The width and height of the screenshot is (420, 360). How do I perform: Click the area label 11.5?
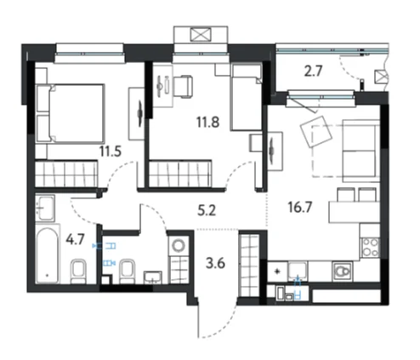coord(111,151)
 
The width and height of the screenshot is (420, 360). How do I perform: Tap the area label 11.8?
coord(208,123)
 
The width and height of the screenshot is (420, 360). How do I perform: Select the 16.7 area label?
coord(300,207)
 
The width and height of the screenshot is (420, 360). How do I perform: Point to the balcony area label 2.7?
coord(313,71)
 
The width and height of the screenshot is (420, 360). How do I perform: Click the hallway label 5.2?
coord(207,210)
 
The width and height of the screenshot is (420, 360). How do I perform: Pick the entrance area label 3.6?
coord(215,263)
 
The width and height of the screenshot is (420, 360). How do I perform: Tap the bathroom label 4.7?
coord(75,240)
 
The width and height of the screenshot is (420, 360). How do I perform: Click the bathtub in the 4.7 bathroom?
coord(48,254)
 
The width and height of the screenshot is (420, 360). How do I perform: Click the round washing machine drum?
coord(179,245)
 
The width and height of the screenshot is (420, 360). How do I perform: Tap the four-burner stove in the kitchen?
coord(371,248)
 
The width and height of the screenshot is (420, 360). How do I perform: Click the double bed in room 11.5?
coord(71,113)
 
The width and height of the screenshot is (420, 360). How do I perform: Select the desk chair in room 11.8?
coord(183,86)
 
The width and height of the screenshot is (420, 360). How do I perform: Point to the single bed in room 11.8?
coord(247,98)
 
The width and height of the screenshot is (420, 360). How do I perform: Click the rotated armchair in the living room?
coord(316,131)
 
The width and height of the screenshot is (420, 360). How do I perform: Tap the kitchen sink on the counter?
coord(298,269)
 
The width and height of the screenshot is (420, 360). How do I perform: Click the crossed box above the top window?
coord(201,34)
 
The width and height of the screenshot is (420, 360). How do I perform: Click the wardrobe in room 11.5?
coord(66,173)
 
